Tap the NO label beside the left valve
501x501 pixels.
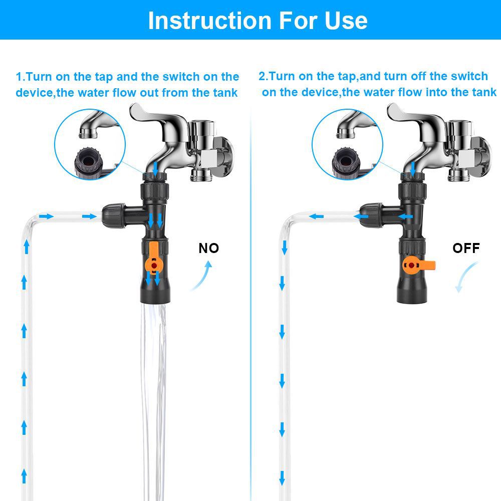click(208, 248)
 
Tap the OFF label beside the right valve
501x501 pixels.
click(465, 248)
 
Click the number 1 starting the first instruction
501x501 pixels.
click(20, 77)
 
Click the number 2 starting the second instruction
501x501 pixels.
click(262, 77)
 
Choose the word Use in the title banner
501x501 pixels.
click(345, 20)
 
